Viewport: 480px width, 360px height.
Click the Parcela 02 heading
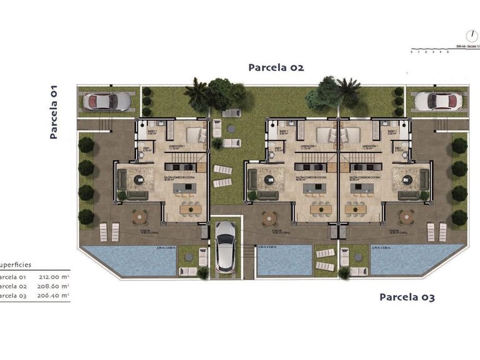pos(276,67)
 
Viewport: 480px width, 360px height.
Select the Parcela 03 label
pos(407,297)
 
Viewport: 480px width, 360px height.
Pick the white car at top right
pos(437,101)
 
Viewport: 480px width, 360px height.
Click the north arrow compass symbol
pos(466,36)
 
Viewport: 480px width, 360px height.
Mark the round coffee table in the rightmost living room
pos(408,179)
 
